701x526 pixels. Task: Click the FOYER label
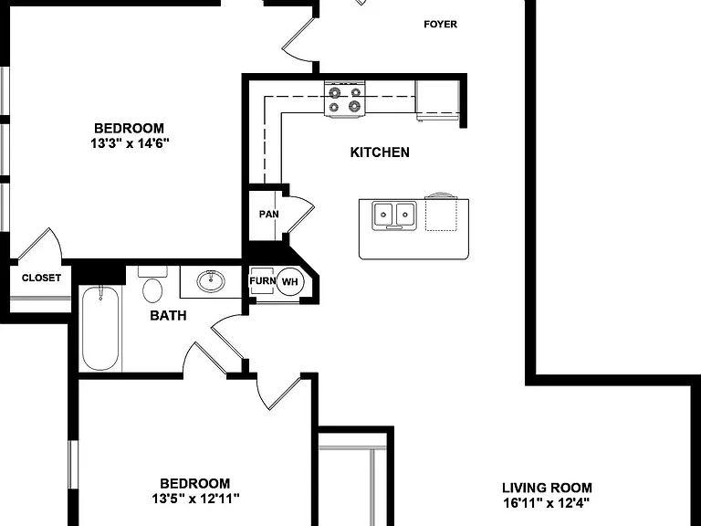coord(440,24)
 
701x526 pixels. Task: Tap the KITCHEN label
coord(380,153)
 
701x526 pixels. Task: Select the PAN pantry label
coord(268,215)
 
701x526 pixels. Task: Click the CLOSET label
coord(41,278)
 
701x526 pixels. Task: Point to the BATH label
coord(168,315)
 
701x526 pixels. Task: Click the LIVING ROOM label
coord(547,488)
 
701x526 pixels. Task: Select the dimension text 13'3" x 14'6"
coord(131,143)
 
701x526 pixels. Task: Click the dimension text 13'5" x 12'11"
coord(195,499)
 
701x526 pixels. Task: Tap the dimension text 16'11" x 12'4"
coord(546,503)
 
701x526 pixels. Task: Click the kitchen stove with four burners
coord(345,100)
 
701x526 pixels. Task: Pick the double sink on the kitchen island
coord(394,216)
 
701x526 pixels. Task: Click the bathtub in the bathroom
coord(100,329)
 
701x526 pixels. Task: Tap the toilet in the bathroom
coord(152,284)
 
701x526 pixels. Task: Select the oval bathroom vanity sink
coord(211,281)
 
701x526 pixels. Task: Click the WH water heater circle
coord(290,282)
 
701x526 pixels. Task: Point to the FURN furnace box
coord(262,281)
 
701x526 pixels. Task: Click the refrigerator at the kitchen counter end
coord(437,100)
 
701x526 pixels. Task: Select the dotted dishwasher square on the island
coord(441,216)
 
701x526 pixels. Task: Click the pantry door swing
coord(300,214)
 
